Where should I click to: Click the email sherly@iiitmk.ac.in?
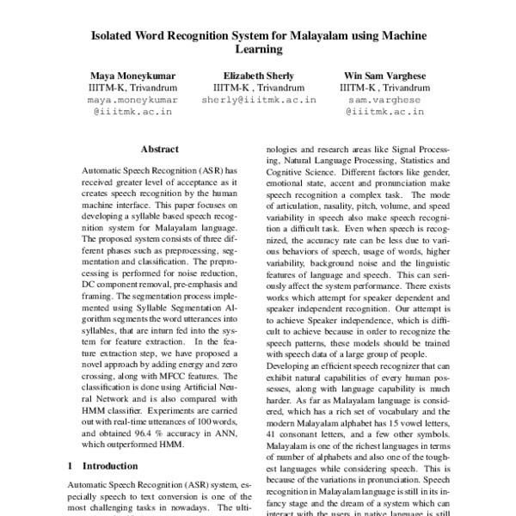[259, 100]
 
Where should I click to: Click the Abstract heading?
[159, 149]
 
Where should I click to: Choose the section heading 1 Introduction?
[101, 465]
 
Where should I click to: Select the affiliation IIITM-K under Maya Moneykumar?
[106, 87]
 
